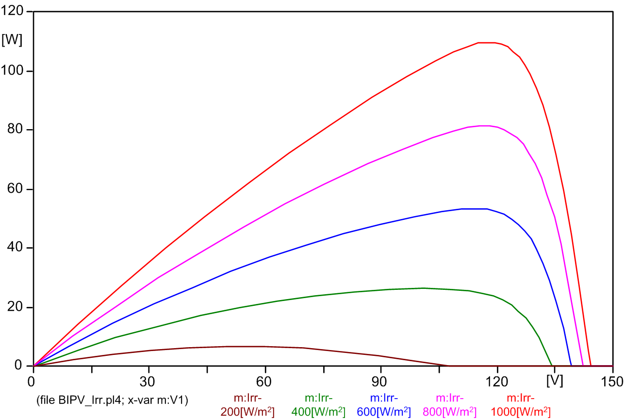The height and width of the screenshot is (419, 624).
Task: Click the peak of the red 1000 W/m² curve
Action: [487, 43]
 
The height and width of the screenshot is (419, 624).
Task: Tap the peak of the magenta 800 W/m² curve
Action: [484, 126]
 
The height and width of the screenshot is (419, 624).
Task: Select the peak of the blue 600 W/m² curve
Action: [474, 209]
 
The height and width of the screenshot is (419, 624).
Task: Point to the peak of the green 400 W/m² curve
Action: [424, 288]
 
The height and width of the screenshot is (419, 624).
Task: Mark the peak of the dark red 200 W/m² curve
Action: [245, 346]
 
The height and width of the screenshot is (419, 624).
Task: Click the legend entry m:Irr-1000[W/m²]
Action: [521, 405]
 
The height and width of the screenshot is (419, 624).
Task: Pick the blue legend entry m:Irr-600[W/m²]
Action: [384, 405]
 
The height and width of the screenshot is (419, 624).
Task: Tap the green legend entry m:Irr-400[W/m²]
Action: [318, 405]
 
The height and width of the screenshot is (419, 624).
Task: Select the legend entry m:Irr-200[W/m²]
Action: [248, 405]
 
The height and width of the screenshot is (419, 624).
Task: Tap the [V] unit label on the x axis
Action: [554, 381]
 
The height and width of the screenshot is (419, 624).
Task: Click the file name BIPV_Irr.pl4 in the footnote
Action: [85, 400]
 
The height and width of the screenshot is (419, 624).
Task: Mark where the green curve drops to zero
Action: [552, 365]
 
